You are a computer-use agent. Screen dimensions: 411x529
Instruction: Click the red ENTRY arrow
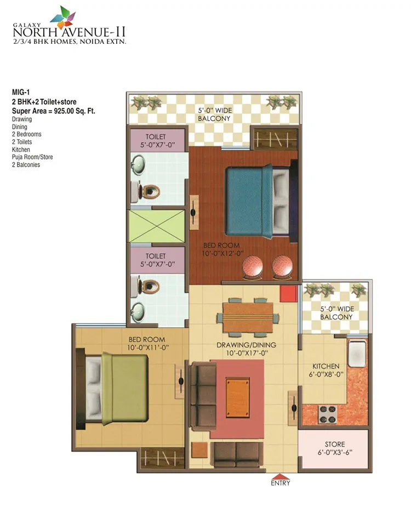[280, 476]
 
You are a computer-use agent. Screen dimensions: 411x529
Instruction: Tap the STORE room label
[335, 445]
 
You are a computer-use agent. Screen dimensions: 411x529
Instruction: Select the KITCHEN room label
[326, 366]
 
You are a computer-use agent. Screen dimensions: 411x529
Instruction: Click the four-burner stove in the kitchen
[328, 414]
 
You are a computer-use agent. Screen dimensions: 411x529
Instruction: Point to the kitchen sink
[357, 354]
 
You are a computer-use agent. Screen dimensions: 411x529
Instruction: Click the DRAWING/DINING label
[246, 345]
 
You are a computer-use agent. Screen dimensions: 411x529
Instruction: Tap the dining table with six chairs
[248, 317]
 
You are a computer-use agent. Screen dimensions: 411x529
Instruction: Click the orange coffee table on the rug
[238, 397]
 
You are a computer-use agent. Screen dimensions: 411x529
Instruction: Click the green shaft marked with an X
[157, 226]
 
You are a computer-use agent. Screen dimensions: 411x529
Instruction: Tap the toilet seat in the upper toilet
[151, 192]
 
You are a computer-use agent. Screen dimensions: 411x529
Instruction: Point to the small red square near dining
[289, 294]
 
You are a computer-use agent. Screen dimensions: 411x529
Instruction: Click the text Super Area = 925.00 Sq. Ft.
[54, 111]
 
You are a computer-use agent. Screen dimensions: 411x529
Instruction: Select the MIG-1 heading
[21, 92]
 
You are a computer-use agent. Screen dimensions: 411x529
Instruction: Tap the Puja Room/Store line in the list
[32, 157]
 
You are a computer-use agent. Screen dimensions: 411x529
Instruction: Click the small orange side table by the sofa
[199, 450]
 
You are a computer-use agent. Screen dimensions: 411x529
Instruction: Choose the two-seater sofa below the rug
[237, 454]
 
